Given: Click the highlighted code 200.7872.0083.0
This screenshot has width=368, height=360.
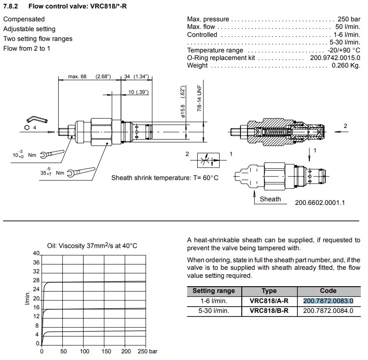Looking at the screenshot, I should click(x=328, y=301).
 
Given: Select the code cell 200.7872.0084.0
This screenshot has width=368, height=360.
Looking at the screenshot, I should click(x=328, y=311).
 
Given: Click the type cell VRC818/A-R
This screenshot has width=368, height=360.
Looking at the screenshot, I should click(x=269, y=301).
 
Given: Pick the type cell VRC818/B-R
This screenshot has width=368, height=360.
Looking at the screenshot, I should click(x=269, y=311).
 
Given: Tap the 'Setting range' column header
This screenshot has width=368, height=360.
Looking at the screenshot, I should click(x=213, y=291).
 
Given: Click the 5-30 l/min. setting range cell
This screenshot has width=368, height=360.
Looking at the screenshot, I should click(x=213, y=311).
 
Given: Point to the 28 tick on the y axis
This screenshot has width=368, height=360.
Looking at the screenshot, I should click(x=37, y=281).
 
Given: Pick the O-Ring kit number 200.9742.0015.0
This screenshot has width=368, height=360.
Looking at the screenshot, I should click(x=335, y=58).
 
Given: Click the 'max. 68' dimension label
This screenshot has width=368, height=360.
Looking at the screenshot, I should click(x=77, y=76).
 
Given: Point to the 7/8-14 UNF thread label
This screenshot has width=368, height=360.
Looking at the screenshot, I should click(x=200, y=100).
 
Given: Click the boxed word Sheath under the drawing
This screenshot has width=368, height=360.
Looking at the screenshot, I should click(x=270, y=199).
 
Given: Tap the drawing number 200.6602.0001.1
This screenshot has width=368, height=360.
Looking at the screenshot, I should click(x=320, y=203).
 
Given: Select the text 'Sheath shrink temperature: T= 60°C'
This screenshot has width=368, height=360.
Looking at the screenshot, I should click(x=165, y=178).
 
